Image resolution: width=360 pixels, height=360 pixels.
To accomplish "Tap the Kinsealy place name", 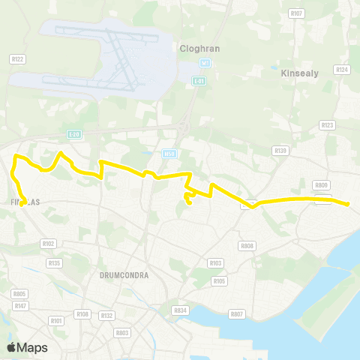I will [x=300, y=74].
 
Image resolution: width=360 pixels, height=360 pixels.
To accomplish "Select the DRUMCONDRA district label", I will [x=124, y=275].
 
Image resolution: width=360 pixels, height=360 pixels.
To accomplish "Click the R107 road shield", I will [x=296, y=13].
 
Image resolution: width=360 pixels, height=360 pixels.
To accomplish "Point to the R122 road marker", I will [x=18, y=58].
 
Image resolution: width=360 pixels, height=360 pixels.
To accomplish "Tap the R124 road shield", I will [x=343, y=69].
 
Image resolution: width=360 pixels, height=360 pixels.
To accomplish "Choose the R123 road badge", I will [x=327, y=125].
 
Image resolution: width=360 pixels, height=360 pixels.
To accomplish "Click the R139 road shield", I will [x=281, y=150].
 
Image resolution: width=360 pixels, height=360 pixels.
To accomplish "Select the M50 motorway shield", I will [x=169, y=153].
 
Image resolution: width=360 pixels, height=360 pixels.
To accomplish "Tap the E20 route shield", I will [x=73, y=134].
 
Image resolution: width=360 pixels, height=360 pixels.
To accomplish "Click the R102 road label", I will [x=49, y=243].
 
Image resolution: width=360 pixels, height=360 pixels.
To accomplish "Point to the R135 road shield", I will [x=54, y=263].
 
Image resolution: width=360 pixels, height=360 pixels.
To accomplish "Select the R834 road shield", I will [x=179, y=310].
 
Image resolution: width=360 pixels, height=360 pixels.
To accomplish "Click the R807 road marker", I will [x=237, y=314].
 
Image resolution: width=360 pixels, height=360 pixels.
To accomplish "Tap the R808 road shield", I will [x=247, y=245].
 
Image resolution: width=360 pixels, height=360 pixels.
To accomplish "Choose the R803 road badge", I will [x=122, y=332].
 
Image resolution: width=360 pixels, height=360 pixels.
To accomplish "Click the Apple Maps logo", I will [x=27, y=347].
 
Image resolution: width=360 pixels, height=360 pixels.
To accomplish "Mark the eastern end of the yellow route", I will [x=349, y=203].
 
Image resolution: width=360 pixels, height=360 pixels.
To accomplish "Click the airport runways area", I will [x=112, y=56].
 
